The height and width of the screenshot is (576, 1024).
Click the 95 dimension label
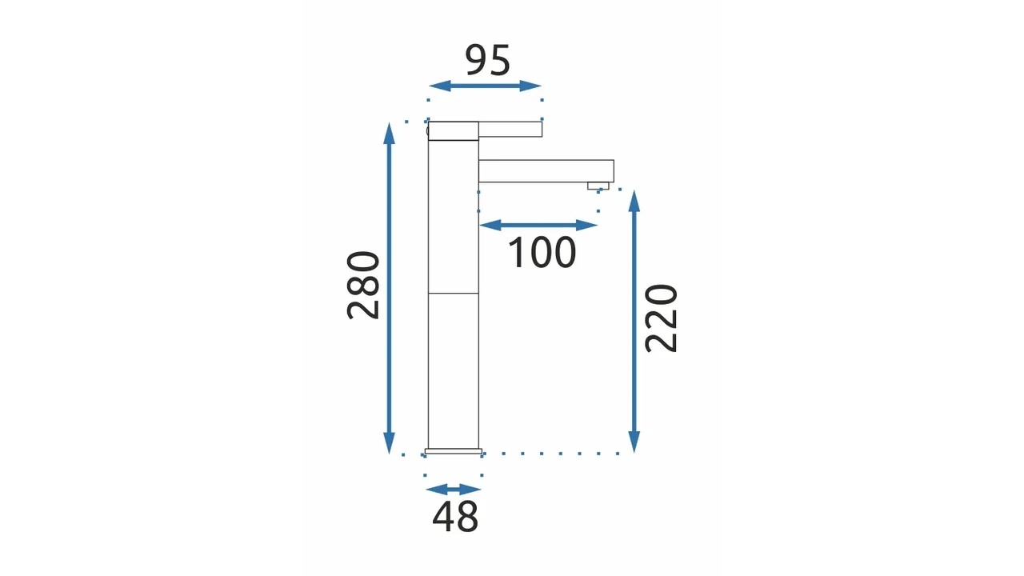click(487, 60)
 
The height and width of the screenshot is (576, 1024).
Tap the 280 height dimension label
click(363, 286)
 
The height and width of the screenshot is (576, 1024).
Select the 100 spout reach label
click(542, 252)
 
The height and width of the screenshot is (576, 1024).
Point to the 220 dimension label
click(661, 318)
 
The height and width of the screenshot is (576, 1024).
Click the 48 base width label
click(455, 517)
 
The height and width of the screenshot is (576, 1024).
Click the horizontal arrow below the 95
click(485, 86)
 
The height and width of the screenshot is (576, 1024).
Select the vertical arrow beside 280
click(389, 288)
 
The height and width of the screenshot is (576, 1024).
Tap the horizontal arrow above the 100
click(538, 225)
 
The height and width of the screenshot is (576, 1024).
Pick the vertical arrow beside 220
click(634, 322)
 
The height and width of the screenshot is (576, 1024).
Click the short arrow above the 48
click(453, 490)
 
